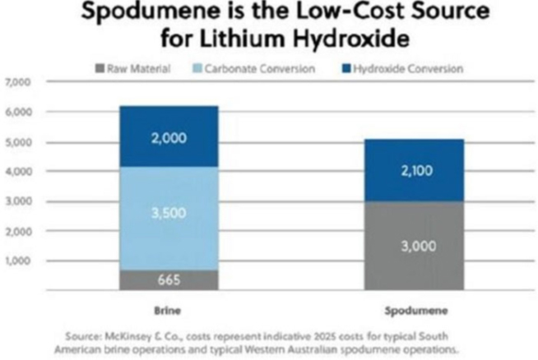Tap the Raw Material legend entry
[x=132, y=69]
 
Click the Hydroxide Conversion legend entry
[x=400, y=69]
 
